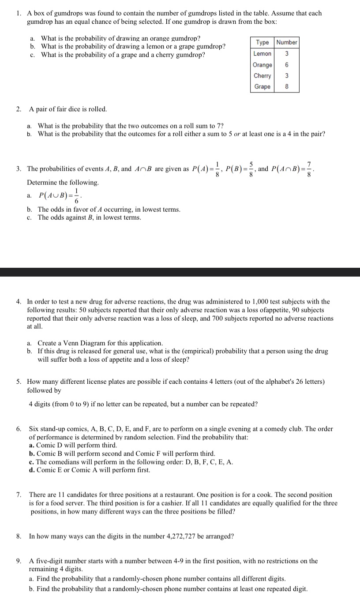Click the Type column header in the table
pyautogui.click(x=262, y=42)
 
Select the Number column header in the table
pyautogui.click(x=287, y=42)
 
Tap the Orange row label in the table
pyautogui.click(x=262, y=65)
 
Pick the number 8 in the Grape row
pyautogui.click(x=287, y=87)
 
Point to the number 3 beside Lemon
pyautogui.click(x=287, y=54)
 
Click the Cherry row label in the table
pyautogui.click(x=262, y=76)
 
